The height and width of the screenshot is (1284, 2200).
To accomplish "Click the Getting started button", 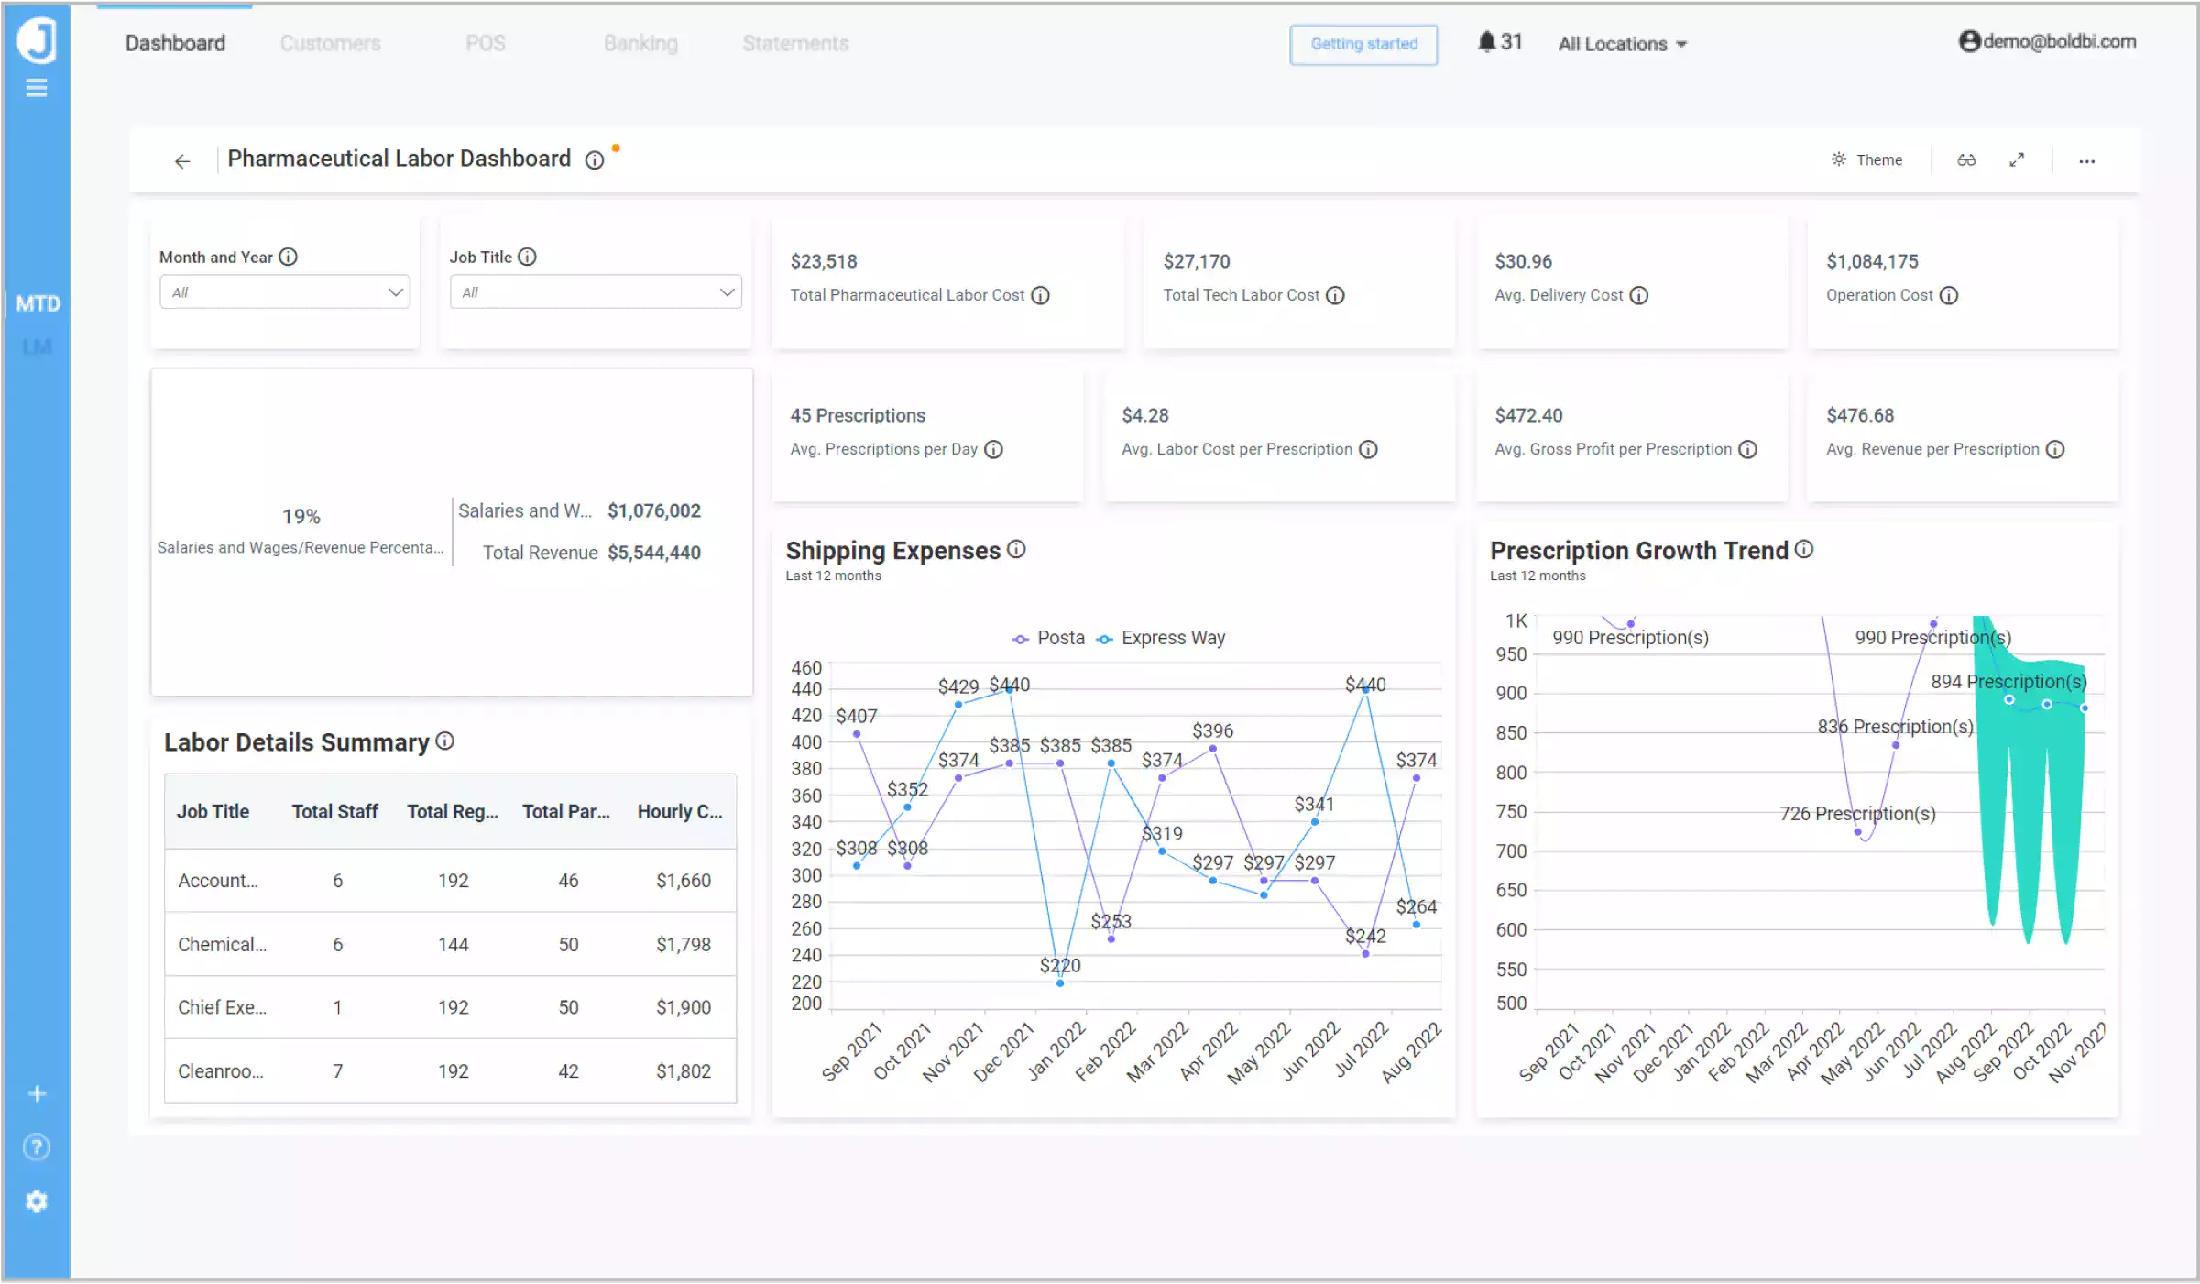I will [1363, 44].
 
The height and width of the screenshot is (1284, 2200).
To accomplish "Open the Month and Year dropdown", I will [284, 292].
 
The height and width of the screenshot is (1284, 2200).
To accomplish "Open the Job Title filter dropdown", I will [596, 292].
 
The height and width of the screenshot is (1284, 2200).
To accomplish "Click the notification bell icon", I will [1486, 42].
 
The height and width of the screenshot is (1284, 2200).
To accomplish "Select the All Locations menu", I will [1622, 44].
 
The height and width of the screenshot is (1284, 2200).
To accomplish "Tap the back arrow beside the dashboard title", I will [182, 162].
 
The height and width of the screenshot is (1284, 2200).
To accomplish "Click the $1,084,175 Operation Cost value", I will [1871, 262].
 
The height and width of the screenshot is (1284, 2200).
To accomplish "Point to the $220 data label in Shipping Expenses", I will [1059, 965].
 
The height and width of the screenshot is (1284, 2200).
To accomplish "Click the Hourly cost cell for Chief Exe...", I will [683, 1007].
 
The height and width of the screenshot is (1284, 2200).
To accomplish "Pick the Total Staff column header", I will [334, 812].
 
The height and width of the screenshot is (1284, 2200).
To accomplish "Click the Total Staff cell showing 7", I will [337, 1071].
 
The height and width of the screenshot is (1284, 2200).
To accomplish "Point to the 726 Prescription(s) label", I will [1856, 814].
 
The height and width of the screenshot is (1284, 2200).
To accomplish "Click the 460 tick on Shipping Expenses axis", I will [806, 668].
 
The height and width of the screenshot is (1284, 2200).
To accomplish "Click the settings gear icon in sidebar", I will [37, 1202].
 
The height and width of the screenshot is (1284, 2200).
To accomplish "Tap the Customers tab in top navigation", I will [330, 44].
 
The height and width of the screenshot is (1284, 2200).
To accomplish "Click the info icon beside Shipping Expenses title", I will [1016, 550].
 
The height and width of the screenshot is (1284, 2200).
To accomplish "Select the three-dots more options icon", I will [2086, 161].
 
